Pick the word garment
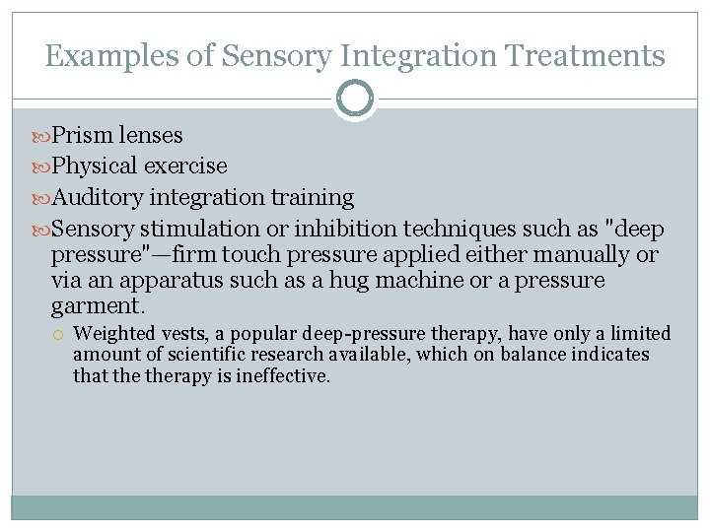pyautogui.click(x=93, y=306)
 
